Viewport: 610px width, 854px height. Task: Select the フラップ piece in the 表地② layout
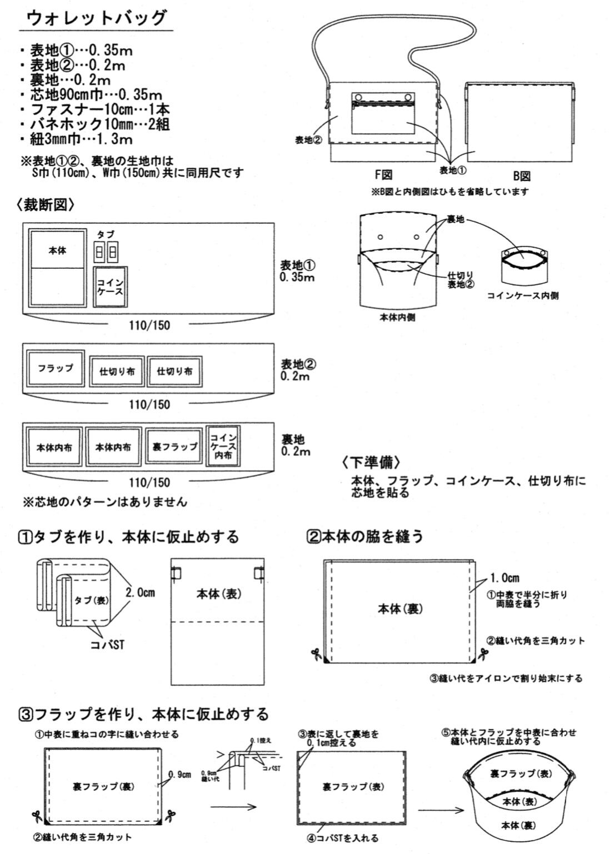55,368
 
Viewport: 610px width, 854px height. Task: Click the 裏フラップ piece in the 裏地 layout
175,446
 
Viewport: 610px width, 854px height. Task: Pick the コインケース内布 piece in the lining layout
223,445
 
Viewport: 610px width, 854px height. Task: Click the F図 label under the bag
383,175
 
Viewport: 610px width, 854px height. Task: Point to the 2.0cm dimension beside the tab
140,592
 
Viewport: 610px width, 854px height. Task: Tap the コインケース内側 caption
523,295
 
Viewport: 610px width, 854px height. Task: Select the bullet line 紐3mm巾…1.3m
82,139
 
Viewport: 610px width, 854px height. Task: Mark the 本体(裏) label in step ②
400,609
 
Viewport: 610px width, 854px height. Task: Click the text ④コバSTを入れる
344,838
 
